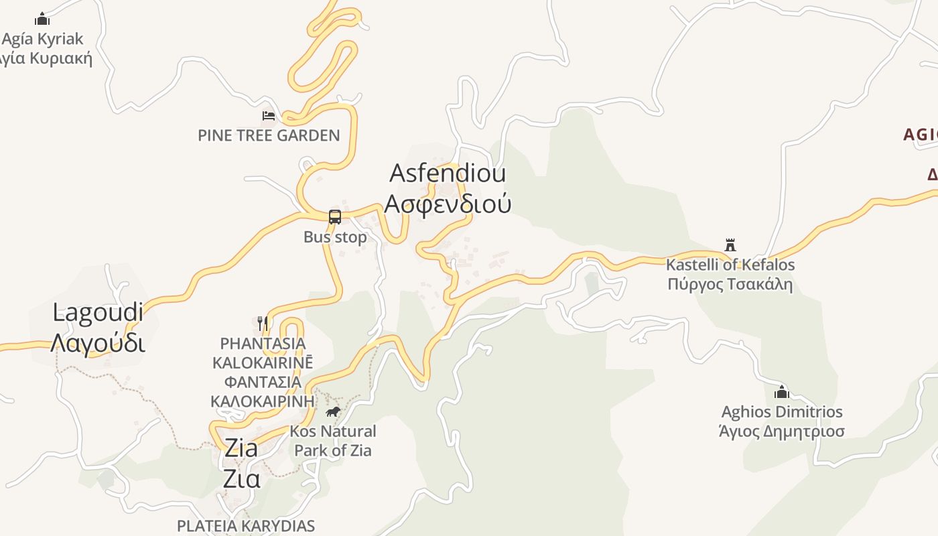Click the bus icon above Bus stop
[x=335, y=217]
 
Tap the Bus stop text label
[x=335, y=237]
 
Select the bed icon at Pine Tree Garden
[x=269, y=116]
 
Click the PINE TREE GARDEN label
[x=269, y=135]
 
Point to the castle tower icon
[x=730, y=245]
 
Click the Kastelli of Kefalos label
[x=730, y=265]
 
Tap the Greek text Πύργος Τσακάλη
[x=730, y=284]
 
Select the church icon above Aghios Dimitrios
[x=781, y=392]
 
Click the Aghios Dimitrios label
[x=781, y=411]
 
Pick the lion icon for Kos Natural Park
[x=333, y=411]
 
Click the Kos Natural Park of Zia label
[x=333, y=440]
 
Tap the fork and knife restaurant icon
[x=263, y=324]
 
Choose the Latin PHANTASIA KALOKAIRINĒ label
[x=263, y=353]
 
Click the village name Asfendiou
[x=448, y=173]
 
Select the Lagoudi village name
[x=98, y=312]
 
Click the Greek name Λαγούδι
[x=98, y=342]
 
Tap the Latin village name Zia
[x=241, y=448]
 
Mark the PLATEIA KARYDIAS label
[x=246, y=526]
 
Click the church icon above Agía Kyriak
[x=42, y=19]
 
